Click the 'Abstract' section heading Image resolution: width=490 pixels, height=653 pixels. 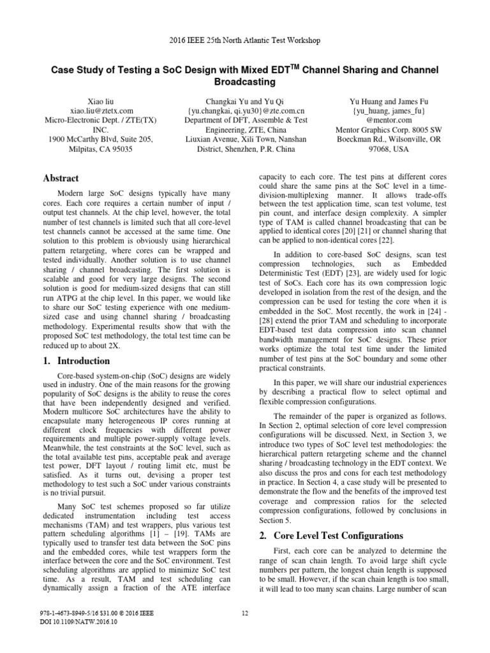pos(62,179)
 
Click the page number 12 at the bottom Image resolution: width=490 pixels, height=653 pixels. pos(245,613)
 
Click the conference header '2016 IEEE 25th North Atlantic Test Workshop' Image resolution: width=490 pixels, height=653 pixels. pos(245,40)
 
